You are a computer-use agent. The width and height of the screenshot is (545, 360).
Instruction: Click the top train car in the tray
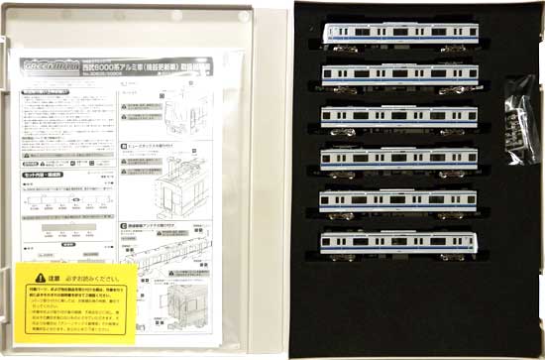400,33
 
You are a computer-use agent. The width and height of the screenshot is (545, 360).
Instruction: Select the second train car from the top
400,74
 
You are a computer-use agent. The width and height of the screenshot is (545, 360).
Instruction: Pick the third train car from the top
400,115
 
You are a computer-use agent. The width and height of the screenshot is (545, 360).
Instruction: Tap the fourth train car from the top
400,158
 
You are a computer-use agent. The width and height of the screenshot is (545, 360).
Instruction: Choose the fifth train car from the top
400,199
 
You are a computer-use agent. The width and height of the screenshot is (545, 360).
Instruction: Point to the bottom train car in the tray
400,241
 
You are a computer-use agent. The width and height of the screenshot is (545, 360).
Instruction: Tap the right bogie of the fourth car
455,169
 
